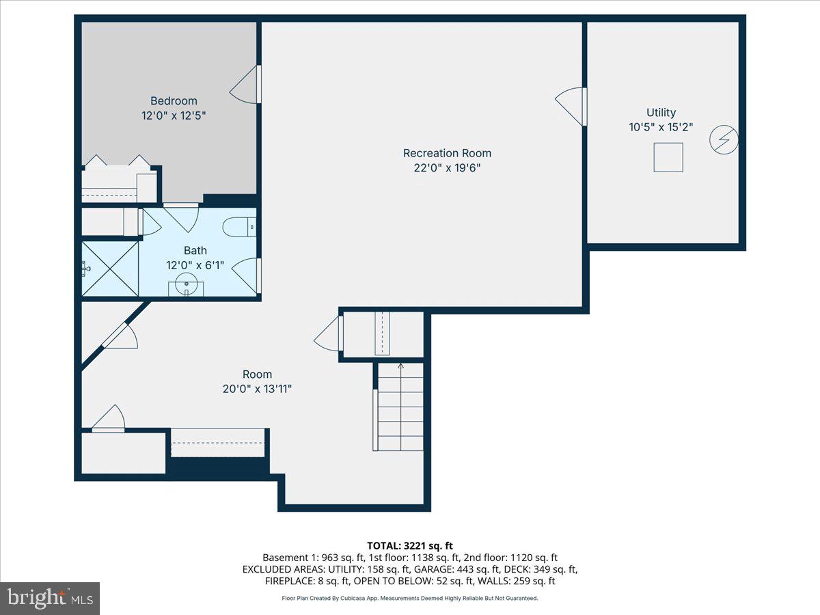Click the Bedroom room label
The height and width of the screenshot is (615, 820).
coord(174,101)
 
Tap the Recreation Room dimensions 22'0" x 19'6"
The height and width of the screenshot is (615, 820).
coord(447,168)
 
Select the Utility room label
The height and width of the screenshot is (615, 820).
coord(661,113)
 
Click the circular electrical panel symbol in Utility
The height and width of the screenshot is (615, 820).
coord(724,140)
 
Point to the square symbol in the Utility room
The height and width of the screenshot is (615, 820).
coord(668,157)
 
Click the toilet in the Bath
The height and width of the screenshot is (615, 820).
coord(240,226)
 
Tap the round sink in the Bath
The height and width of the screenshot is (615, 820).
coord(186,283)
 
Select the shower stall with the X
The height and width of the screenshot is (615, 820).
coord(110,268)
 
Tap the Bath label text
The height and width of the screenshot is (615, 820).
coord(195,251)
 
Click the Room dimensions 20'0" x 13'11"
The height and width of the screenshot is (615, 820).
coord(257,389)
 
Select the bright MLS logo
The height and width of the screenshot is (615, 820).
coord(50,598)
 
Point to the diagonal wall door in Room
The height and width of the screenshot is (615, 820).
coord(120,335)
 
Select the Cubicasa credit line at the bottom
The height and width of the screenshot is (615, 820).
coord(409,598)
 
